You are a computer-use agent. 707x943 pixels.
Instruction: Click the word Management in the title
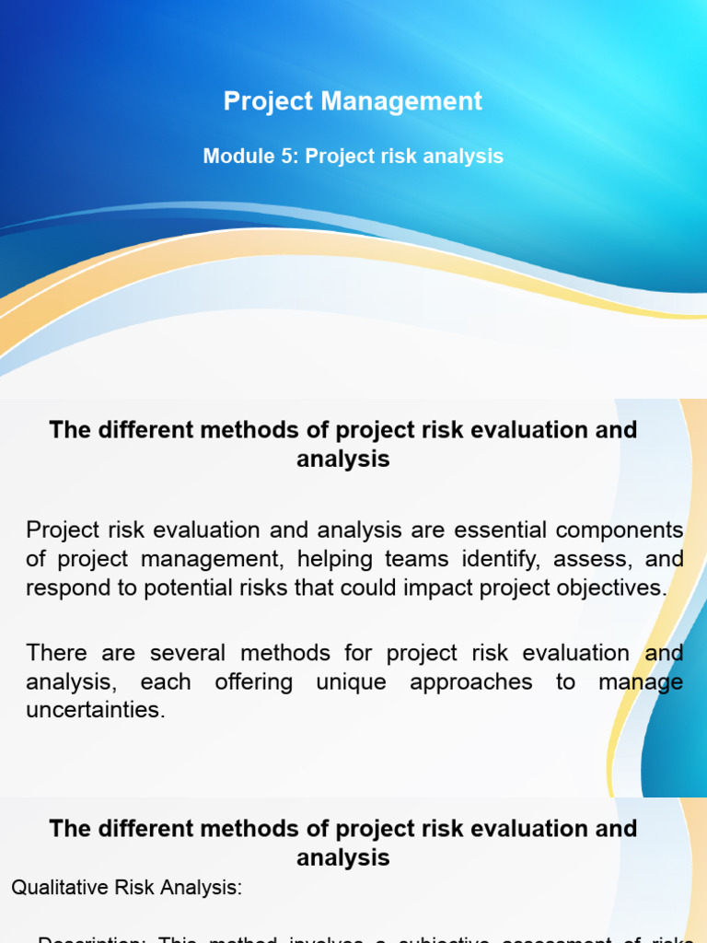tap(401, 101)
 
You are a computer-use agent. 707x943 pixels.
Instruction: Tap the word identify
tap(469, 560)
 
